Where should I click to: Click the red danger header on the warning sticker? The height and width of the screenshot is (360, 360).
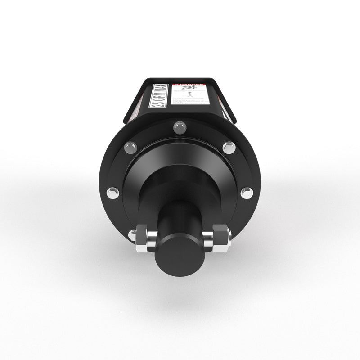click(188, 84)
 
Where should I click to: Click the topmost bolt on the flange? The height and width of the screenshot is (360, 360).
click(180, 127)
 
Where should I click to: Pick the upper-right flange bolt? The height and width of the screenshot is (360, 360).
click(229, 147)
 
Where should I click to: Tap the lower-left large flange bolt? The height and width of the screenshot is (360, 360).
click(112, 193)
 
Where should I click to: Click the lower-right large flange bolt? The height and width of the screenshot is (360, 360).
click(246, 193)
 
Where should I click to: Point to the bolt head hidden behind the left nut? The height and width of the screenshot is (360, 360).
click(132, 235)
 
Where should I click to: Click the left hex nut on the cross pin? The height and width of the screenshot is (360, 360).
click(142, 238)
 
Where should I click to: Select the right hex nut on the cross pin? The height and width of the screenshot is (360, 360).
click(221, 238)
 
